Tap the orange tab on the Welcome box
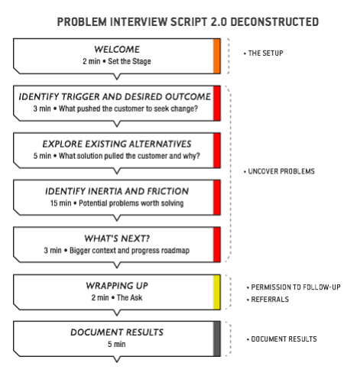pos(217,56)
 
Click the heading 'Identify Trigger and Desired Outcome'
pos(115,96)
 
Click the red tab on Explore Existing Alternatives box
pos(217,150)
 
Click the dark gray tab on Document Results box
pos(217,338)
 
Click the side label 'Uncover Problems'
pos(282,171)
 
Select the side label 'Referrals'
pos(268,300)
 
